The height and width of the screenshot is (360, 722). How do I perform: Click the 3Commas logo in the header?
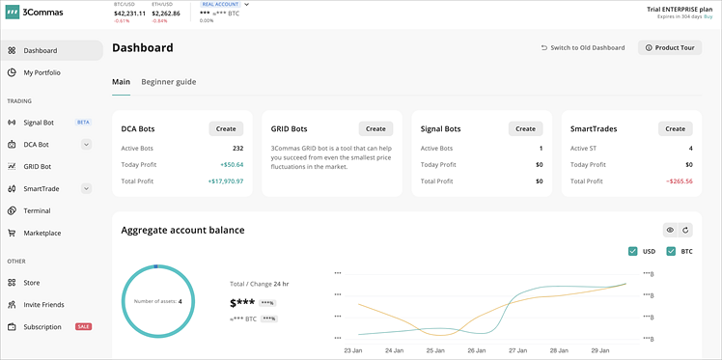click(35, 13)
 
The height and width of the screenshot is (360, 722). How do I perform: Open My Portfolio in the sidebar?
click(42, 72)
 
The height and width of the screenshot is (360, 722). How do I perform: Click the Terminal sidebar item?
click(37, 210)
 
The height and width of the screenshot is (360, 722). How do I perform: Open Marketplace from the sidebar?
click(42, 233)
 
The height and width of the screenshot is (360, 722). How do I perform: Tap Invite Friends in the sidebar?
click(43, 305)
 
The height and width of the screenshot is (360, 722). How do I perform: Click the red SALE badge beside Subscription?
click(84, 327)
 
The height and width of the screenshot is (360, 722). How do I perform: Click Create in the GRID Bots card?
click(375, 128)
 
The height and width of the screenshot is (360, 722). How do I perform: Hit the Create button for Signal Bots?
click(525, 128)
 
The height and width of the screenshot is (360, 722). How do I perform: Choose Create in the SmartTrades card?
click(675, 128)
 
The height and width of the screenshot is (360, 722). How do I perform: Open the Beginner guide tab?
click(169, 82)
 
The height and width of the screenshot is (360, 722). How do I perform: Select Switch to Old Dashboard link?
click(583, 47)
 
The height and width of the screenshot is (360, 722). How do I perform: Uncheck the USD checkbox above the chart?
click(633, 252)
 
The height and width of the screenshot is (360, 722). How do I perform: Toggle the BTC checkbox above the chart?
click(671, 252)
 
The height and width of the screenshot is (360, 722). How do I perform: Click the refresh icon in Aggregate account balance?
click(685, 230)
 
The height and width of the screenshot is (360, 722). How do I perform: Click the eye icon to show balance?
click(670, 230)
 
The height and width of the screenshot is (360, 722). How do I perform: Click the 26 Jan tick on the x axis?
click(476, 350)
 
